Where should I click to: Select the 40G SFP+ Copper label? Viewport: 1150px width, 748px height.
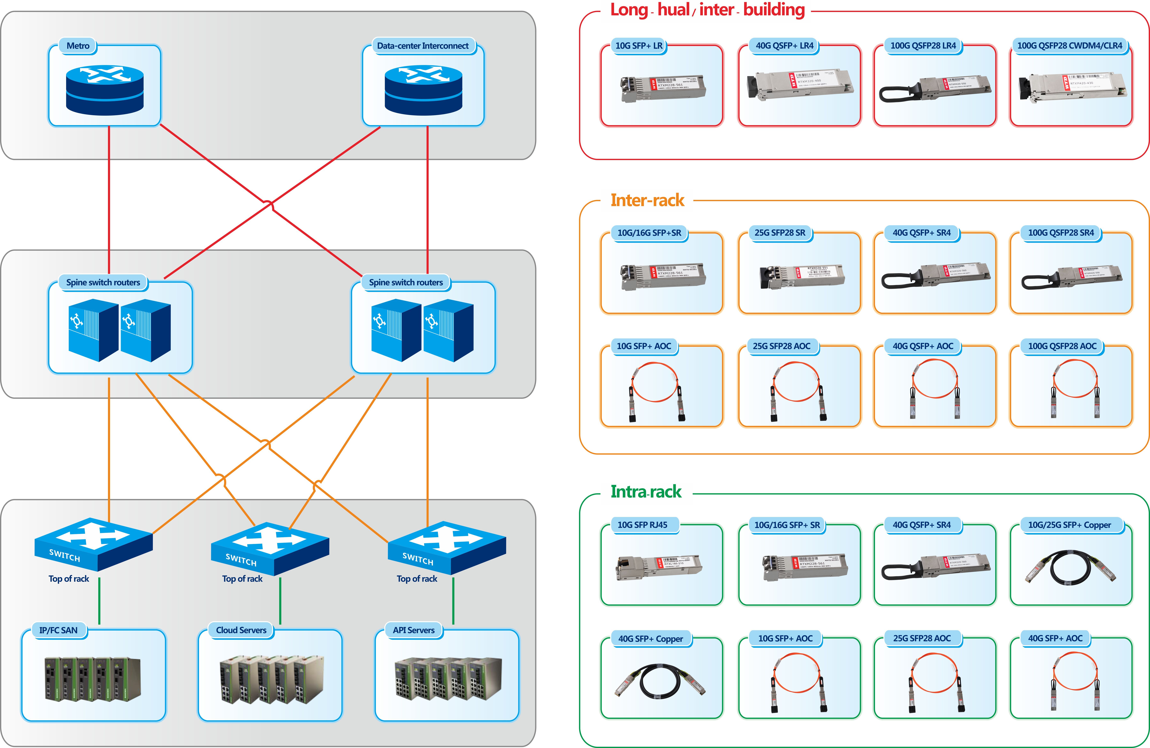tap(650, 639)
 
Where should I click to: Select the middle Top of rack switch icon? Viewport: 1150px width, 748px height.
tap(270, 548)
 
